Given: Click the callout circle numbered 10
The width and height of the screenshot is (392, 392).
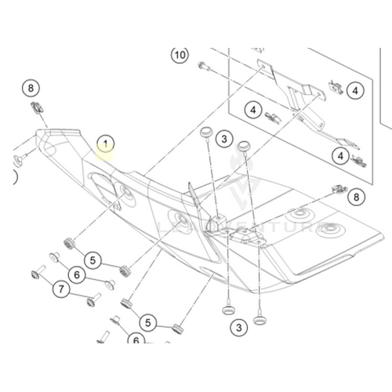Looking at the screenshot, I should (x=180, y=55).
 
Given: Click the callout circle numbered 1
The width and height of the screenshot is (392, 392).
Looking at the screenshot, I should (x=104, y=143).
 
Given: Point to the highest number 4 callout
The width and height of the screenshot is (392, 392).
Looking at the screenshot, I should (x=355, y=91).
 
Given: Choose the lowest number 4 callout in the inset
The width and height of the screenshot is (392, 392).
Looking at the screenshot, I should (x=341, y=156).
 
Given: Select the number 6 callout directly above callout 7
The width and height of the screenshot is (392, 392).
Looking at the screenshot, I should (x=76, y=274).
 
